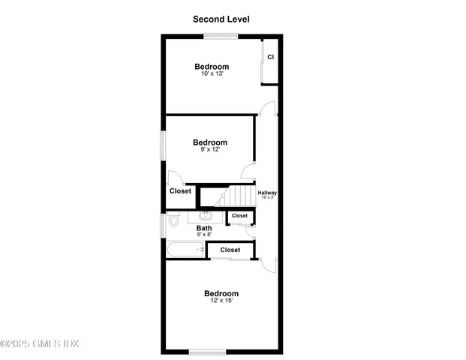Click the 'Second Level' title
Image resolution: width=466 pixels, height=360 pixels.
221,19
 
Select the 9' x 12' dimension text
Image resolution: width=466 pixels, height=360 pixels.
210,150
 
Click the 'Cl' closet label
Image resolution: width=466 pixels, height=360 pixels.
271,57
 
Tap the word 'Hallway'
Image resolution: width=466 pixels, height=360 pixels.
267,193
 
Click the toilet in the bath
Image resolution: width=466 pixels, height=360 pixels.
173,220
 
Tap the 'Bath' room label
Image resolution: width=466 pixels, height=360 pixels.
204,228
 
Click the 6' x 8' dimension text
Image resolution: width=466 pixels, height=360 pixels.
204,235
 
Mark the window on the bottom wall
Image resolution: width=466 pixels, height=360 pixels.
208,351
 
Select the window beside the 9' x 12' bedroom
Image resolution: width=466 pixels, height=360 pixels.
162,145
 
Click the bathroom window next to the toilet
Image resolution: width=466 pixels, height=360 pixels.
162,225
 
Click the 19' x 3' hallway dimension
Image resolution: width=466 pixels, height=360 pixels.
267,198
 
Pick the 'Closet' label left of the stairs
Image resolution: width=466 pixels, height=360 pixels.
180,191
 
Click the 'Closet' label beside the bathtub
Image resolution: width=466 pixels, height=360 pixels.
230,250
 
